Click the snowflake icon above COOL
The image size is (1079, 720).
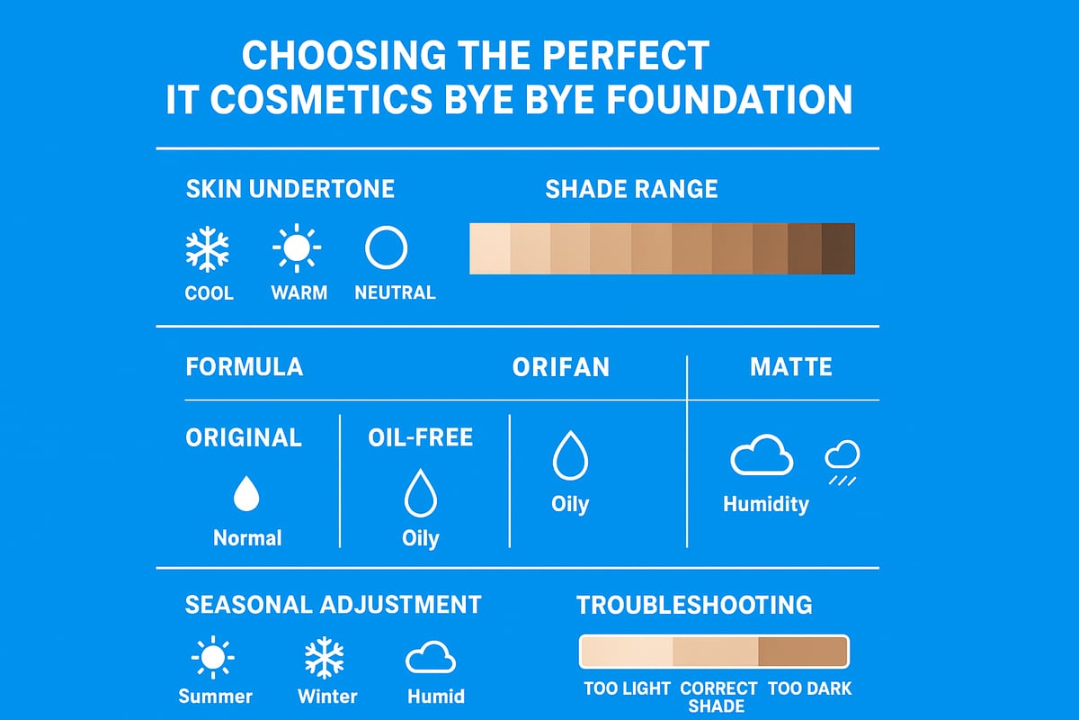click(208, 249)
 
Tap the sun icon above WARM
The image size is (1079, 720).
click(297, 248)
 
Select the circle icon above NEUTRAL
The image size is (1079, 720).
click(387, 248)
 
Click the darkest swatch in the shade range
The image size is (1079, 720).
click(838, 248)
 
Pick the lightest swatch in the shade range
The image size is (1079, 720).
click(490, 248)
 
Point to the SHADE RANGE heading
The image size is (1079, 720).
click(631, 189)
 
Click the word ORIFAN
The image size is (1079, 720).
click(560, 367)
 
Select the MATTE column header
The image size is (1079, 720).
click(791, 367)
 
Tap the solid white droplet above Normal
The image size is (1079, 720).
click(246, 494)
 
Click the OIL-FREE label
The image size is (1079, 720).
click(420, 437)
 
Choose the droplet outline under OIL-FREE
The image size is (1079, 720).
click(420, 494)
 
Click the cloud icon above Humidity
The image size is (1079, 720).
click(762, 458)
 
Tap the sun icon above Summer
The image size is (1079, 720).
click(214, 660)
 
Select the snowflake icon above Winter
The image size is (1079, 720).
click(324, 659)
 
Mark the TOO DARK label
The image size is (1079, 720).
click(809, 688)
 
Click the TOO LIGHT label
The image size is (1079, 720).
click(627, 688)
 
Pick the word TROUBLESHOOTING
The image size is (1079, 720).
click(694, 605)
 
